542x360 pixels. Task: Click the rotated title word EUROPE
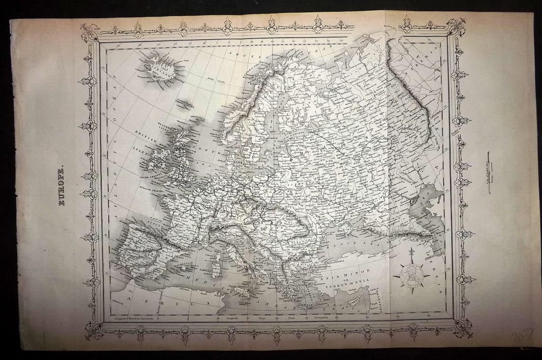[61, 186]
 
